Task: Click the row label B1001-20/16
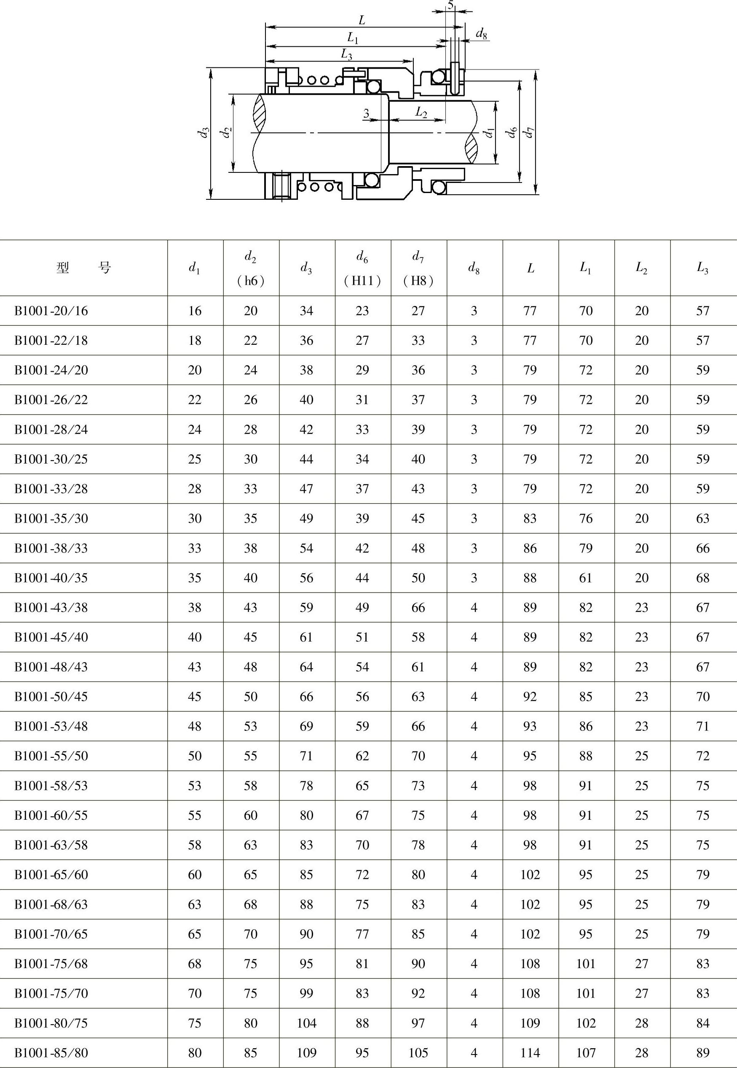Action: (51, 311)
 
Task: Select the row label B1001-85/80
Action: (51, 1053)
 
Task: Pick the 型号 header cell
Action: (83, 268)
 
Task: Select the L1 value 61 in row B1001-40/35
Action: (586, 578)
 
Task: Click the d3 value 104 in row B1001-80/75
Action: (307, 1023)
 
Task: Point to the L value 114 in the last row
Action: (530, 1053)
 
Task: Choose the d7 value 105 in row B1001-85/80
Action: (418, 1053)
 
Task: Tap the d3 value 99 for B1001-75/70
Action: (307, 993)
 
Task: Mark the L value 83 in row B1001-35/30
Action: (530, 518)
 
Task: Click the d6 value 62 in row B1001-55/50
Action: (362, 756)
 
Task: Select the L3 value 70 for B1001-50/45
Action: (702, 696)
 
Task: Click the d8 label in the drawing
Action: (481, 34)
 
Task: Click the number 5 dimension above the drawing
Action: (450, 5)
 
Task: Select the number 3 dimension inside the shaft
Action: (366, 113)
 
